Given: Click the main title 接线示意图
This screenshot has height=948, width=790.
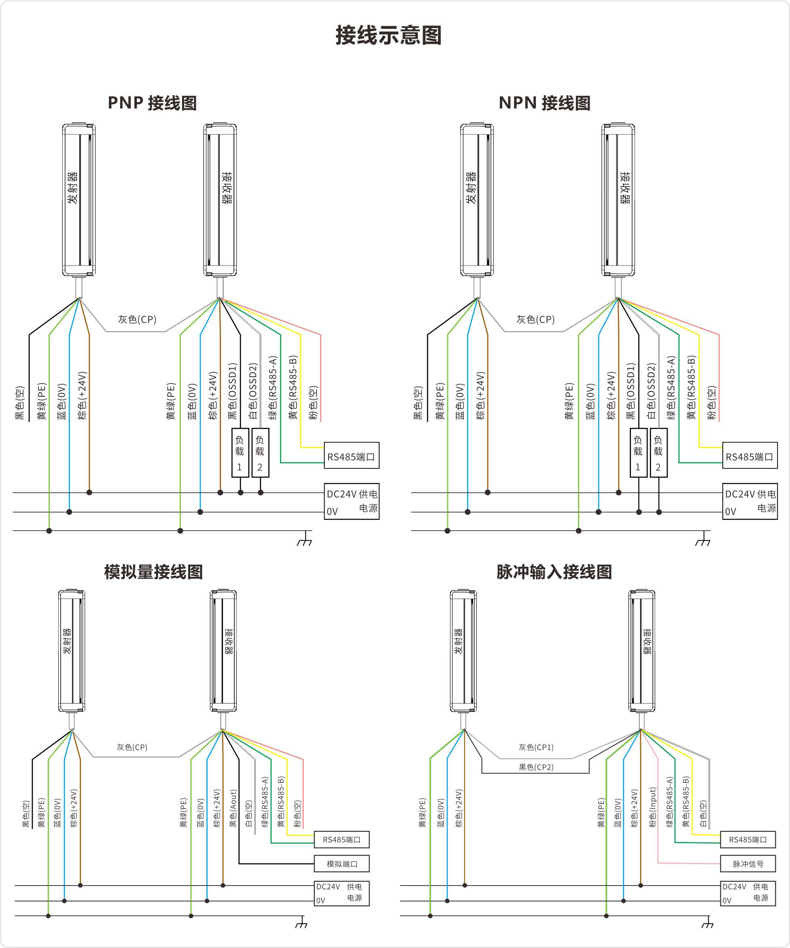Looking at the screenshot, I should tap(388, 36).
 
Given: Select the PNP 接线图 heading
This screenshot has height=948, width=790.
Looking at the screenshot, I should tap(152, 103).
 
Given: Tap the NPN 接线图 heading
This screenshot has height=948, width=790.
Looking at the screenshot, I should tap(544, 103).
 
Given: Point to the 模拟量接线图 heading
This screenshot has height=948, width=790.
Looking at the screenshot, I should tap(153, 572).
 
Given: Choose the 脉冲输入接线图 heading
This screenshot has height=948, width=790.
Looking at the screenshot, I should tap(554, 572).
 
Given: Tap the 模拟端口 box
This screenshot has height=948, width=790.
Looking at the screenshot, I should tap(342, 864).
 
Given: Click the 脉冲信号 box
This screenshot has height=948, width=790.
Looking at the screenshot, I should tap(748, 864).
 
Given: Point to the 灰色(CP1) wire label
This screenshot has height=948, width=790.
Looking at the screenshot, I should tap(536, 747).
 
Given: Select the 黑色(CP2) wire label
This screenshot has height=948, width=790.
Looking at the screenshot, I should tap(536, 767).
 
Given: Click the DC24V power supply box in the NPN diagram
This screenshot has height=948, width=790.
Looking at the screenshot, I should tap(750, 501).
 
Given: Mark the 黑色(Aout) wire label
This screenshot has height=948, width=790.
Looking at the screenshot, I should tap(233, 808).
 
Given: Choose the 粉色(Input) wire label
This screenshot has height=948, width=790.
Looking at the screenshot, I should tap(652, 807).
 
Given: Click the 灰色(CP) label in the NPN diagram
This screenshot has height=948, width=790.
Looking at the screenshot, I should tap(535, 320).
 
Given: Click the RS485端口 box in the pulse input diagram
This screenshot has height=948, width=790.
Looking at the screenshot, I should tap(748, 840).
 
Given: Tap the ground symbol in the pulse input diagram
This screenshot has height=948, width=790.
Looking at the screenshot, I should tap(707, 923).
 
